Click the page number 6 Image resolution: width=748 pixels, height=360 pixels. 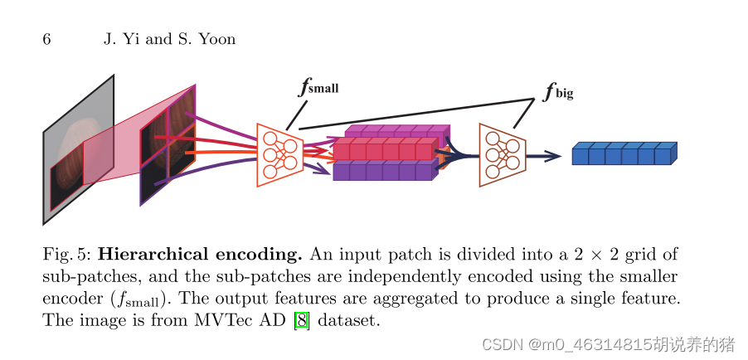47,39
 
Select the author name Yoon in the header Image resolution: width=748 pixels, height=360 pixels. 217,39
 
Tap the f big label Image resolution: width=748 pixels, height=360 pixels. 558,91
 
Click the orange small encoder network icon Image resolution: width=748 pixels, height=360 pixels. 279,154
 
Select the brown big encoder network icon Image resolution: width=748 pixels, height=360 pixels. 503,154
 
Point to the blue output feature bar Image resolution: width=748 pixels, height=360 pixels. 624,154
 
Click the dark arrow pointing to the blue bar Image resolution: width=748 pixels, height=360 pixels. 545,155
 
